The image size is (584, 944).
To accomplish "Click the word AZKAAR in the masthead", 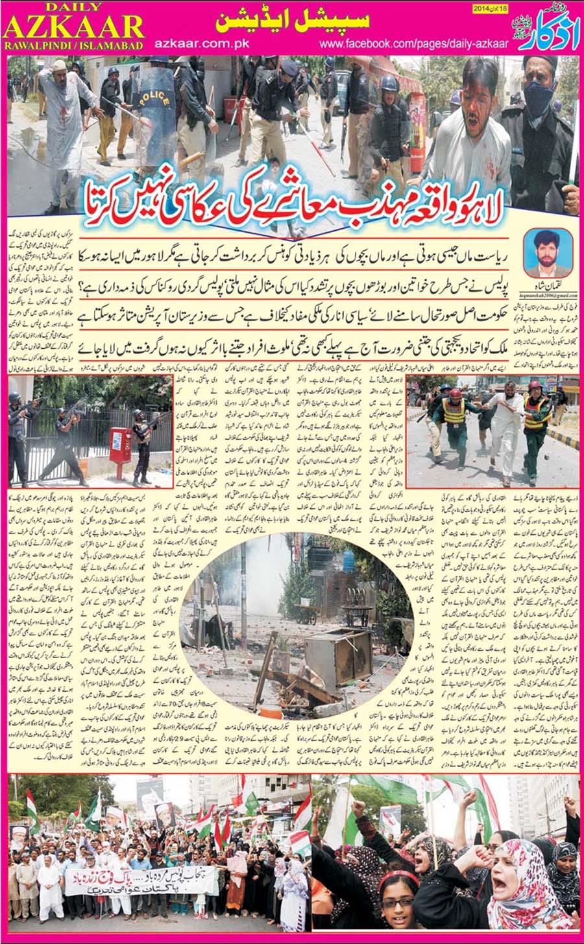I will click(x=73, y=27).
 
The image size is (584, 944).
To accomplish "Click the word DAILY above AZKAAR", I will click(x=73, y=6).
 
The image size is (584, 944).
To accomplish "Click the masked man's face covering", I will click(x=538, y=97).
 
